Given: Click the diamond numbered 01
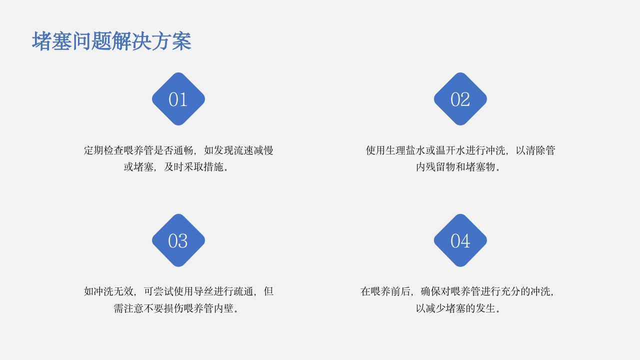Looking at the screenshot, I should click(178, 99).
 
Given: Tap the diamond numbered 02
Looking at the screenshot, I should click(460, 99).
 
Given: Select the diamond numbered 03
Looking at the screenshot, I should click(178, 240).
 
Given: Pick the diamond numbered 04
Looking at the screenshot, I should click(460, 240).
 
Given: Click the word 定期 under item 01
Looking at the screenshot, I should click(93, 150).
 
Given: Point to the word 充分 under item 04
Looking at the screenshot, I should click(501, 291).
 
